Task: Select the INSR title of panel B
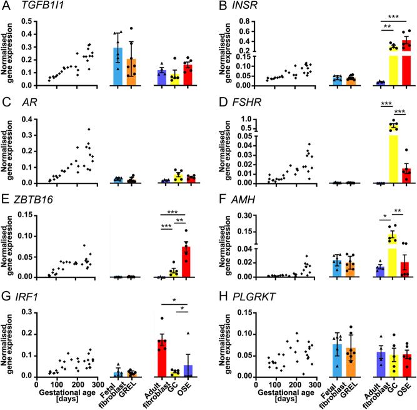tap(249, 7)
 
